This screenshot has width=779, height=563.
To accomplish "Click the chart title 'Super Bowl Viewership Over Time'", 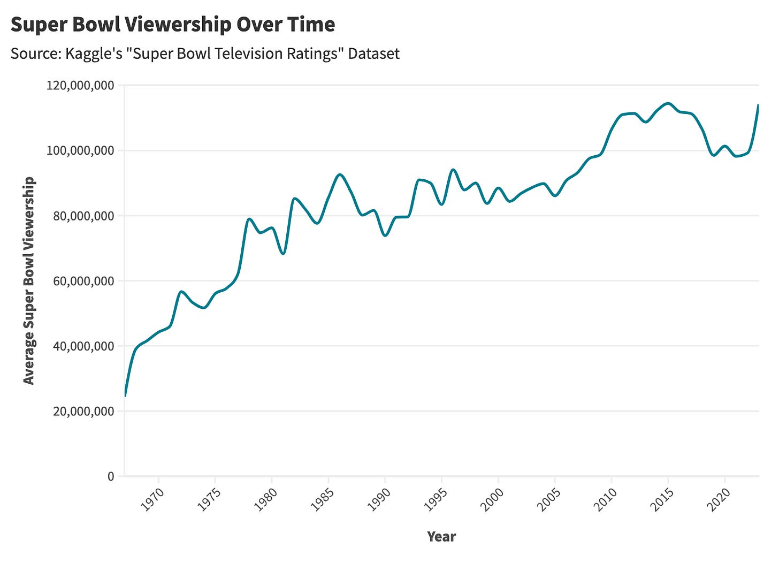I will (x=172, y=25).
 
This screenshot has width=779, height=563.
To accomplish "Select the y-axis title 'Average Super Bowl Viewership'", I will (x=29, y=280).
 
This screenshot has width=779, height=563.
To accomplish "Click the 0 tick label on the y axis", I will (x=111, y=476).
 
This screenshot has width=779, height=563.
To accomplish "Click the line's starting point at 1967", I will (x=125, y=395).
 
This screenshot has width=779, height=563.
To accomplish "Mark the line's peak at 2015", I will (x=668, y=103).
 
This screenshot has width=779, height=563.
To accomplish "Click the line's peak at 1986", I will (x=339, y=174).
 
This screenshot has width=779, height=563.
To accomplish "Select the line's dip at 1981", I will (x=283, y=254).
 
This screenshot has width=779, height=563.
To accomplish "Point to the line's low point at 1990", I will (x=385, y=236).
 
